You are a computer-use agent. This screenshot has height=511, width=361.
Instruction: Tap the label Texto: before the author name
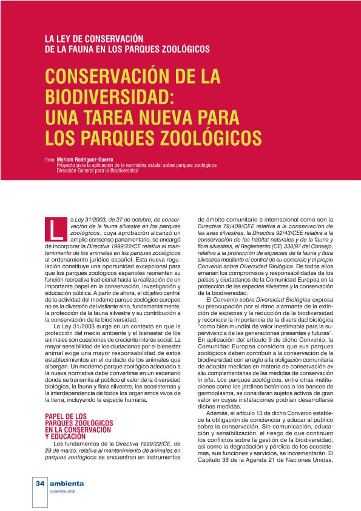50,160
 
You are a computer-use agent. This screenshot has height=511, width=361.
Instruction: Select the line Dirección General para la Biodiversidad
98,171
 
